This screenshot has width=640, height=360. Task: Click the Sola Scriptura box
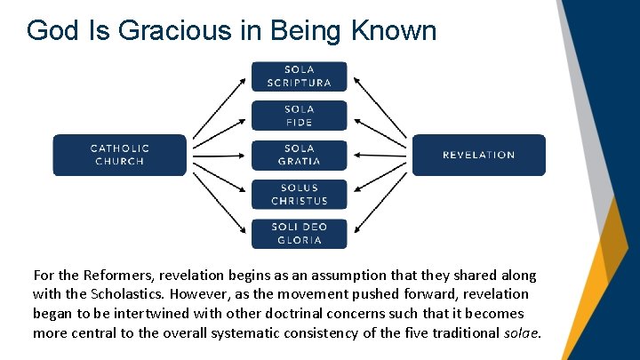coord(299,76)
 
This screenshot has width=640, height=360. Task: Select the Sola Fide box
coord(299,116)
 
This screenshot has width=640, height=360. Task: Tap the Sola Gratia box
coord(299,155)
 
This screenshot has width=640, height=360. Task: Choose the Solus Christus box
coord(299,194)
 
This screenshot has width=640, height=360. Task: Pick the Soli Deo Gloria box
coord(299,233)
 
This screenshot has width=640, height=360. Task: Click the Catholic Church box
coord(120,155)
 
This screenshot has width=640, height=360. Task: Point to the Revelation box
coord(478,155)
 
